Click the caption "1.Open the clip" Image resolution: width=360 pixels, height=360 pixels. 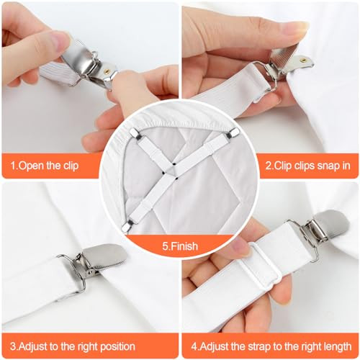click(x=44, y=166)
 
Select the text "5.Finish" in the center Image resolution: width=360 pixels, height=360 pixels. click(x=180, y=246)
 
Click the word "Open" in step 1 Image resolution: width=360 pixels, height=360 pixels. click(x=36, y=166)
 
